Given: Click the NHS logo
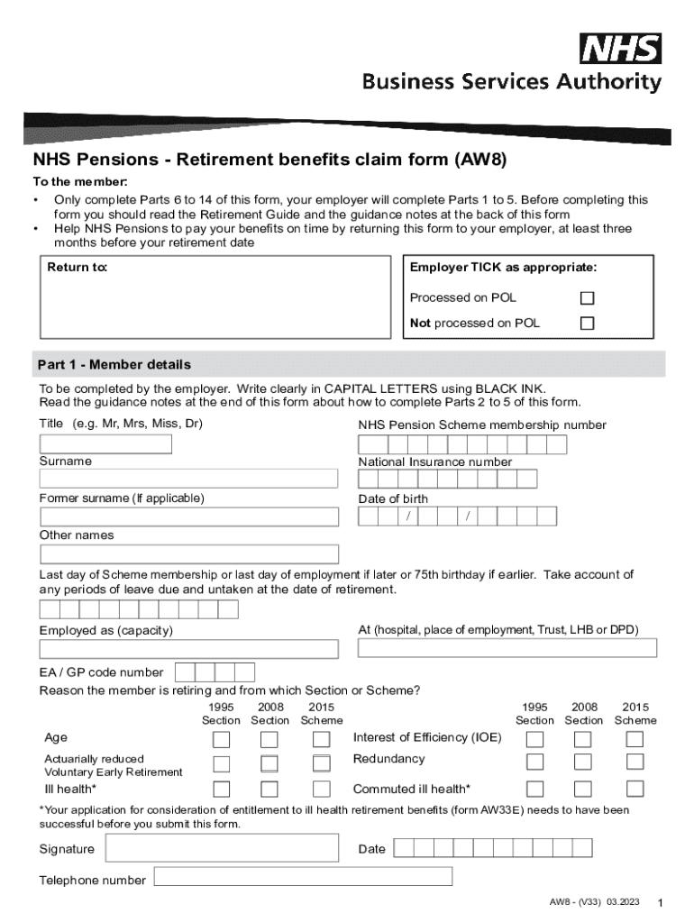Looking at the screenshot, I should (620, 49).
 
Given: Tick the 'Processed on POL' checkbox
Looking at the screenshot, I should (587, 297).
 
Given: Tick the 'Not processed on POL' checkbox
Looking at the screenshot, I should (587, 324).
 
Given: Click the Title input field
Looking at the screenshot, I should (105, 443).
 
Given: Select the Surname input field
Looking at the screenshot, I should (189, 479).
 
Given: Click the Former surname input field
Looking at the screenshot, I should (189, 516).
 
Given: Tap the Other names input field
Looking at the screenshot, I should (189, 553).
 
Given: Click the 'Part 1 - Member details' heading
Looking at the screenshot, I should (114, 365).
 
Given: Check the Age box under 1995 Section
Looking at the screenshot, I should (221, 740).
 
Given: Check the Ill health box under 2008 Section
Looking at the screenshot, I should (269, 790).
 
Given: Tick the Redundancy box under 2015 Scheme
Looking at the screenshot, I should (635, 762).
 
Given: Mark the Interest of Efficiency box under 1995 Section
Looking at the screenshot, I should (535, 740).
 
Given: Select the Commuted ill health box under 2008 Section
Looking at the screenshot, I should (583, 790).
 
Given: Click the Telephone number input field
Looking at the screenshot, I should (303, 876).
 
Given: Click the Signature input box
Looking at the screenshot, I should (221, 849).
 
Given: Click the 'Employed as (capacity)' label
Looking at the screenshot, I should (106, 631).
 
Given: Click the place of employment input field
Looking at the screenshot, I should (507, 648).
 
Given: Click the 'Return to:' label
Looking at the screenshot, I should (78, 268).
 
